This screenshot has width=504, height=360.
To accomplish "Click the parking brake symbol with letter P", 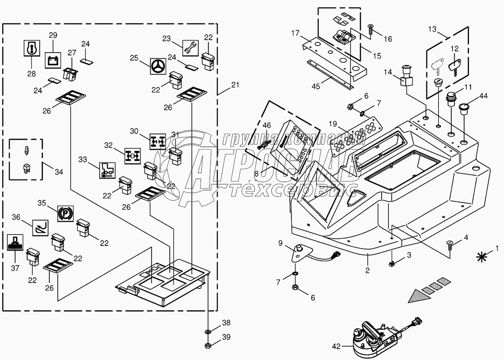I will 63,213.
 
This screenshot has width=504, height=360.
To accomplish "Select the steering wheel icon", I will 158,67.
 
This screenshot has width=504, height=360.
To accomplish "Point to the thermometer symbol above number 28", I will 31,48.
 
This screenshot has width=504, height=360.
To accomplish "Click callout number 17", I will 295,34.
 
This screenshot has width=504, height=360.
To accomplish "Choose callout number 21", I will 235,85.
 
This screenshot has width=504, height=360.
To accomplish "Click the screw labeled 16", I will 370,29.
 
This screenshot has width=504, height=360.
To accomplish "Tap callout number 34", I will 59,172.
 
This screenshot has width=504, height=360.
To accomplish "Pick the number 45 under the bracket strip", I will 316,86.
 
